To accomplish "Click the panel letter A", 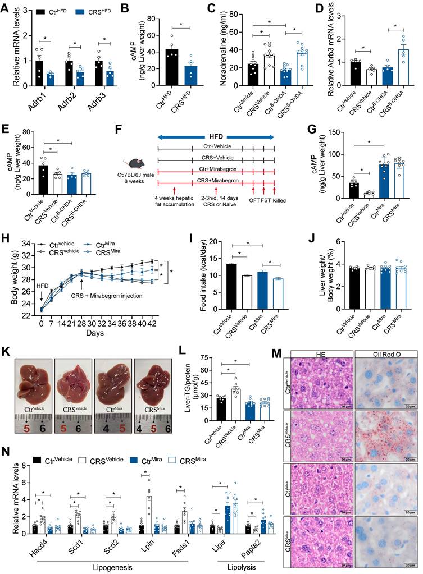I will coord(5,6).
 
